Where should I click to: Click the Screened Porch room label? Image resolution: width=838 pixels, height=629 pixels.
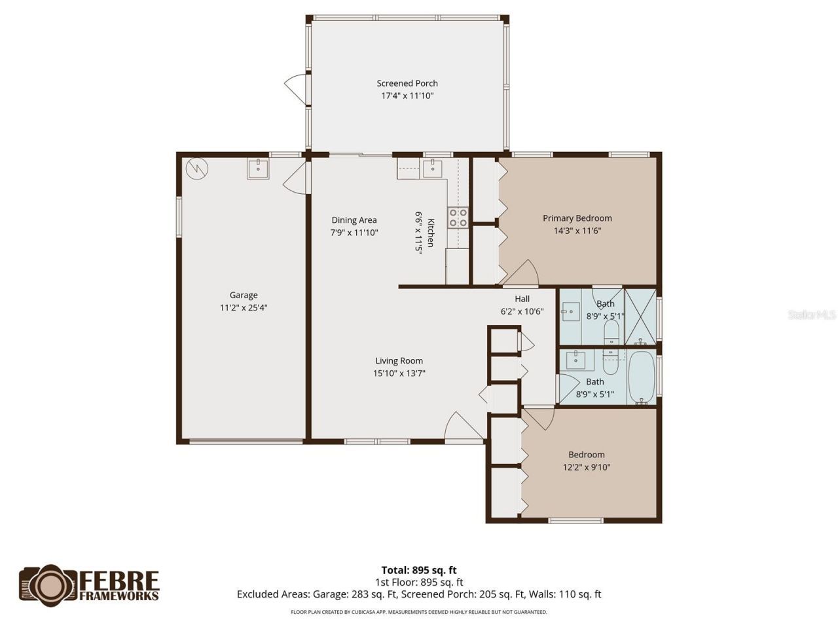pos(407,83)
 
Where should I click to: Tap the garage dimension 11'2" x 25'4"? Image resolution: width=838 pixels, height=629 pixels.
pos(244,307)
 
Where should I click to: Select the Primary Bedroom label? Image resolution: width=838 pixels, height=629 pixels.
pos(577,218)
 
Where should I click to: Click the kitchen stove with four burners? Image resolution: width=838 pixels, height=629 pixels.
pos(458,218)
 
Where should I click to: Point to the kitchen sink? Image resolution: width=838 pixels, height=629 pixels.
pos(432,168)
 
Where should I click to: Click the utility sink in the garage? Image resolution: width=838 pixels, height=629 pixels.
pos(258,168)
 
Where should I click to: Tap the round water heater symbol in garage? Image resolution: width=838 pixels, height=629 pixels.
pos(196,169)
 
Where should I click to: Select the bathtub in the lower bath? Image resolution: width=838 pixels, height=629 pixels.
pos(642,378)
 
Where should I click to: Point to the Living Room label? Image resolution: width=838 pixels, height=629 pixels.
pos(399,360)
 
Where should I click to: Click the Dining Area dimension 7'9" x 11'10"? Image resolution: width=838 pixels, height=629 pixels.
pos(354,232)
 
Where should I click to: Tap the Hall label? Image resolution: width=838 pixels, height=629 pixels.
pos(522,299)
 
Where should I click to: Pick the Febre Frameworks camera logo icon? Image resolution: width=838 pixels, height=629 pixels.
pos(50,584)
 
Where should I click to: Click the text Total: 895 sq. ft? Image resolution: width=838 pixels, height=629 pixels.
pos(419,570)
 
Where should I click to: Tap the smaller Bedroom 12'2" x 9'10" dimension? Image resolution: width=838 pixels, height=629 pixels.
pos(587,467)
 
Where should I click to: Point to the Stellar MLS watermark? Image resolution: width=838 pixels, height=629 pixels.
pos(811,314)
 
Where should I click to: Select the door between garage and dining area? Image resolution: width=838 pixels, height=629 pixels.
pos(297,177)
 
